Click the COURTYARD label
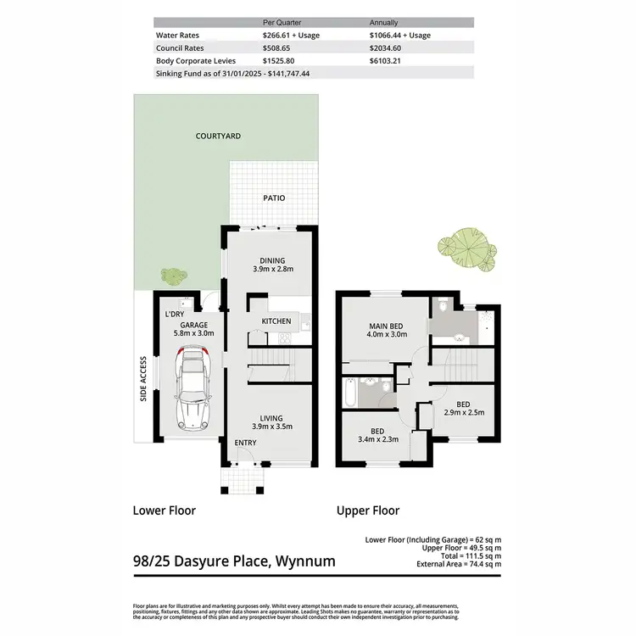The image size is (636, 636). click(218, 136)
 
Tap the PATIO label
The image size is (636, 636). click(273, 198)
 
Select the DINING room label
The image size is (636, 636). click(272, 260)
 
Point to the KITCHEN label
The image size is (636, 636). click(276, 321)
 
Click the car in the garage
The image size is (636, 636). click(193, 390)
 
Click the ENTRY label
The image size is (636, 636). click(244, 443)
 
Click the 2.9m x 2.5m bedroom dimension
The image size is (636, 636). click(463, 413)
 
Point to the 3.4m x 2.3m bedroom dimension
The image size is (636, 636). click(377, 439)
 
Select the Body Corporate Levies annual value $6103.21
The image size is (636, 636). click(389, 61)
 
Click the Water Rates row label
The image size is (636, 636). click(176, 36)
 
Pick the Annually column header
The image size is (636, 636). click(385, 23)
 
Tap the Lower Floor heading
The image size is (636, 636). click(165, 510)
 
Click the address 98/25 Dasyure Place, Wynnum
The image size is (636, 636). click(234, 561)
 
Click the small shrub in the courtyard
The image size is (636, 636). click(173, 276)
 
